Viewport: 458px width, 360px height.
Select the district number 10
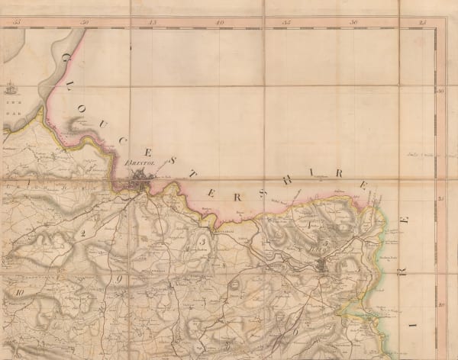coord(21,291)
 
